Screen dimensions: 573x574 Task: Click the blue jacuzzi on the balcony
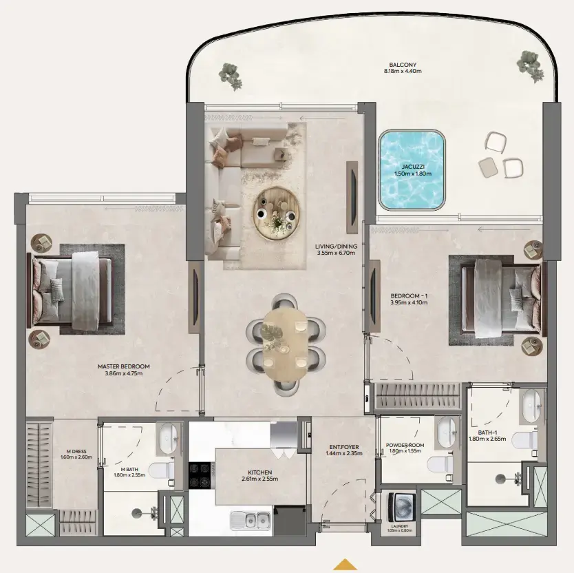[411, 170]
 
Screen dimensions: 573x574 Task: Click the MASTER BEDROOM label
[123, 366]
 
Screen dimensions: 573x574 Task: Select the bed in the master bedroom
[72, 289]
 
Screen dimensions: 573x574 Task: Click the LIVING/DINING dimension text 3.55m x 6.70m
[335, 253]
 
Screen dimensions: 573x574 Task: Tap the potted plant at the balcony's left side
[231, 75]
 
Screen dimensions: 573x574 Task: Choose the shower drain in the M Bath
[135, 512]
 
